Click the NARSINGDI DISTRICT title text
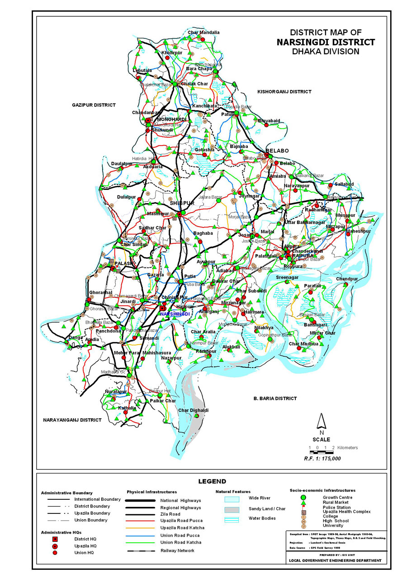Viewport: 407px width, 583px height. [x=325, y=42]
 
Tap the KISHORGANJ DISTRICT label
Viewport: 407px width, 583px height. [x=284, y=92]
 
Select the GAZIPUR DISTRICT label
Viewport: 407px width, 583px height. [x=94, y=105]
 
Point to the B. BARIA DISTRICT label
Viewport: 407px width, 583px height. [x=275, y=398]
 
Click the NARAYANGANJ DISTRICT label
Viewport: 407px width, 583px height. [x=72, y=420]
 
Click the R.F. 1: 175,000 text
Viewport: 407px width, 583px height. [x=322, y=458]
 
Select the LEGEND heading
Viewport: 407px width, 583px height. [x=212, y=481]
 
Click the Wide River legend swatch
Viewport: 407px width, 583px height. [x=232, y=499]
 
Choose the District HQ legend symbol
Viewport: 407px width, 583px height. [x=55, y=539]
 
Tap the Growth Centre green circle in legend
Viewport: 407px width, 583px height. [x=303, y=498]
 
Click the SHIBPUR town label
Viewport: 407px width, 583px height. [x=182, y=204]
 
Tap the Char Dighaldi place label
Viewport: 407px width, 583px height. [x=193, y=410]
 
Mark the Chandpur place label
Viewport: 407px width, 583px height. [x=346, y=279]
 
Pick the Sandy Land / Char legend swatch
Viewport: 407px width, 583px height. [x=232, y=509]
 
